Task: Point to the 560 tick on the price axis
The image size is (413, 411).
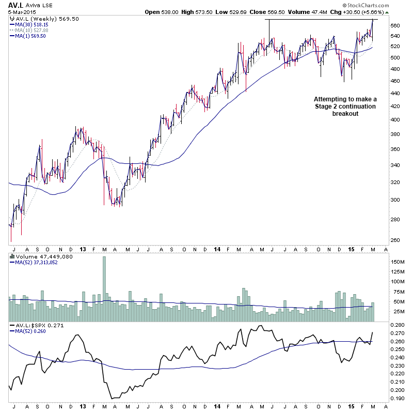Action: coord(395,26)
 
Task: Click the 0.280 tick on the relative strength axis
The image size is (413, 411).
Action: coord(398,325)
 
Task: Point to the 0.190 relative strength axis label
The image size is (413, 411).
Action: coord(398,398)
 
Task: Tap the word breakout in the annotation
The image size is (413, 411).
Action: coord(345,113)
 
